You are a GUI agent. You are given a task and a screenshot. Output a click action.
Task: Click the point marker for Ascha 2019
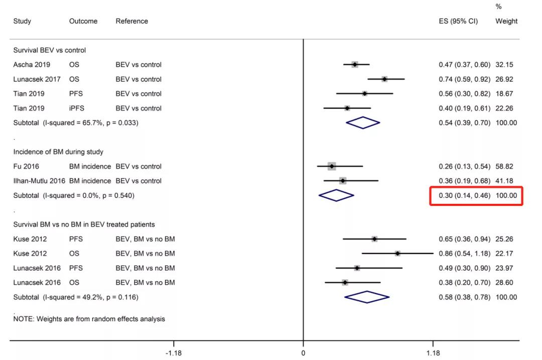click(355, 64)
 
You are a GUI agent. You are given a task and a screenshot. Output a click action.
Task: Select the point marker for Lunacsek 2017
click(384, 79)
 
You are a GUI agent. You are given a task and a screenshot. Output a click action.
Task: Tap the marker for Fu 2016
click(331, 166)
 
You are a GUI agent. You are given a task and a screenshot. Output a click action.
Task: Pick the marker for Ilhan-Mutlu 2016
click(343, 181)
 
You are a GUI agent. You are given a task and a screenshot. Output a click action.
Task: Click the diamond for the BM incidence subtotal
click(336, 195)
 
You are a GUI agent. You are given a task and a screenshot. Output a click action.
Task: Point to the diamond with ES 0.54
click(363, 123)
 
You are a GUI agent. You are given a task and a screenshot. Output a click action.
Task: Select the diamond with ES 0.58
click(367, 297)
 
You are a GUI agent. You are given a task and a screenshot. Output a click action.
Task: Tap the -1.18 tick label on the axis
click(174, 353)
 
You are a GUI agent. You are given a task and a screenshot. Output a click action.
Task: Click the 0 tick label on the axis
click(303, 353)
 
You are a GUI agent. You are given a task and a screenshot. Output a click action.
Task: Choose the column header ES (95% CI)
click(458, 21)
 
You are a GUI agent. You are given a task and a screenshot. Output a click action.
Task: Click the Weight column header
click(506, 21)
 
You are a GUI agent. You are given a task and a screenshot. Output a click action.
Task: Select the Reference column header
click(131, 21)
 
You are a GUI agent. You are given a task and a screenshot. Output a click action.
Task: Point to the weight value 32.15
click(504, 64)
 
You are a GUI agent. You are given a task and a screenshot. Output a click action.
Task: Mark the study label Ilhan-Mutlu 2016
click(39, 181)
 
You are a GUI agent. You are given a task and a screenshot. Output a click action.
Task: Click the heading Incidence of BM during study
click(58, 152)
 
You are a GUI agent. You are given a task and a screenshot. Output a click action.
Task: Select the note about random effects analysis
click(89, 319)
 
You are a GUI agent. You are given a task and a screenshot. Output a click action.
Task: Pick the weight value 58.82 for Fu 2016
click(504, 166)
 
